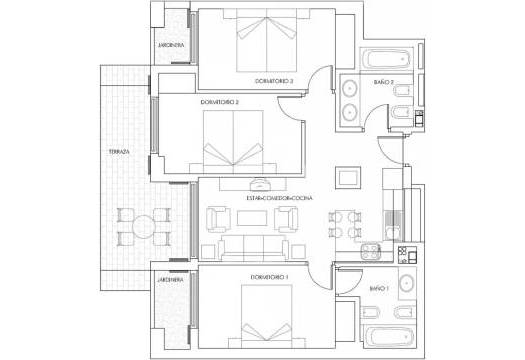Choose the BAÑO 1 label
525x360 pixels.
click(x=378, y=288)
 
